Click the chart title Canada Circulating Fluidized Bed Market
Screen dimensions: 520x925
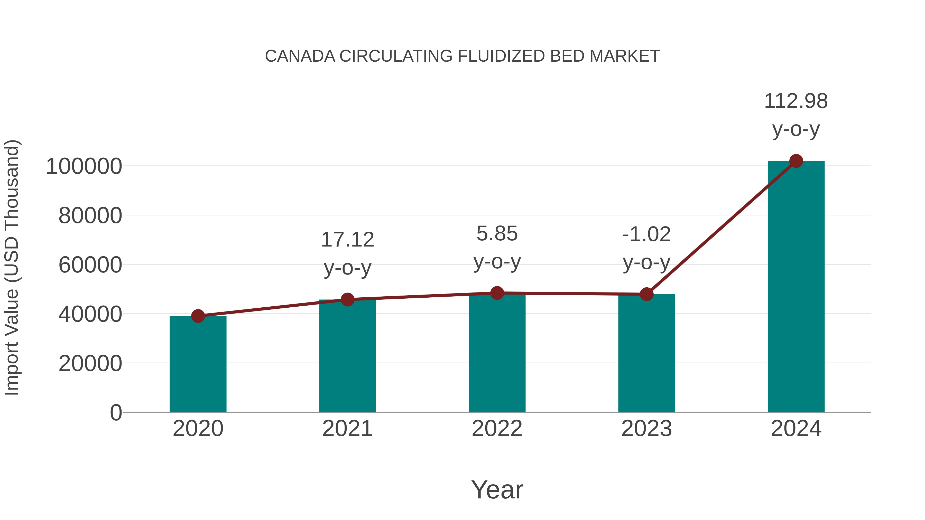pyautogui.click(x=462, y=56)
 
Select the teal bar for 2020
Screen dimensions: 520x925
pyautogui.click(x=198, y=364)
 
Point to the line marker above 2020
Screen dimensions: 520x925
pyautogui.click(x=198, y=316)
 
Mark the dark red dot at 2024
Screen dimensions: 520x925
pyautogui.click(x=796, y=161)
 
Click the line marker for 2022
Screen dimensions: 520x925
pyautogui.click(x=497, y=293)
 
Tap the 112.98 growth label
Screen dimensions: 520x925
pyautogui.click(x=796, y=101)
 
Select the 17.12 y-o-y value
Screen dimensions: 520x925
pyautogui.click(x=347, y=240)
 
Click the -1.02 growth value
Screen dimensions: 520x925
pyautogui.click(x=646, y=234)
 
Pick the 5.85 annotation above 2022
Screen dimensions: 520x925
pyautogui.click(x=497, y=234)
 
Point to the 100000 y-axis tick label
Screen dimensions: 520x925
pyautogui.click(x=84, y=166)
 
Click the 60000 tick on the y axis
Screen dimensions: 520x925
pyautogui.click(x=90, y=265)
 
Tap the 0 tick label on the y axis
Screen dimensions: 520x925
pyautogui.click(x=116, y=413)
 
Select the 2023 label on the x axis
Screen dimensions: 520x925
pyautogui.click(x=646, y=429)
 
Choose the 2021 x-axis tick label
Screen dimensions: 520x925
pyautogui.click(x=347, y=429)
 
